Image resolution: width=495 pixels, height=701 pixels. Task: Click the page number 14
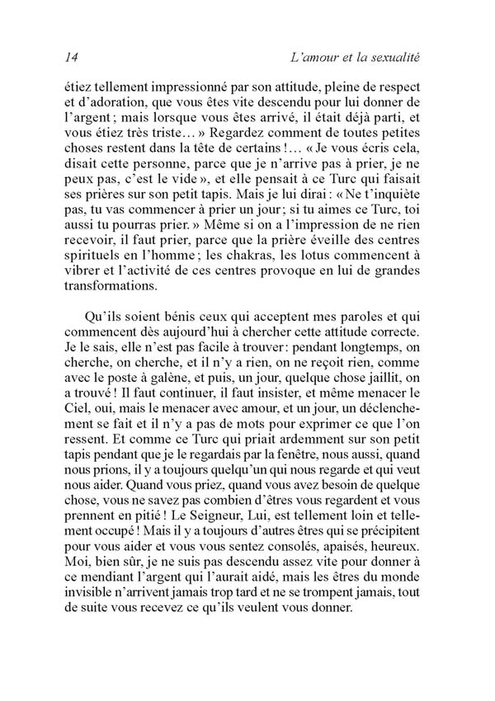click(x=70, y=58)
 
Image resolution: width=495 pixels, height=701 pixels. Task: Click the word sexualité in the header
click(x=393, y=58)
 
